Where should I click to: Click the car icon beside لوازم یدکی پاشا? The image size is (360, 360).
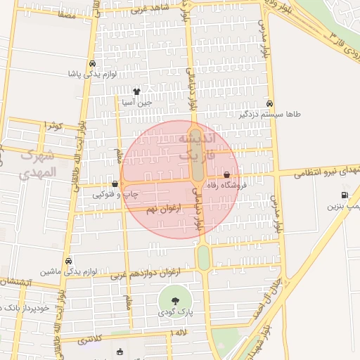(92, 63)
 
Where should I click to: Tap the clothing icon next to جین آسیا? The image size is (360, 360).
(136, 91)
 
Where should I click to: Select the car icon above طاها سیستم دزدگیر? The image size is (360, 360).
(271, 102)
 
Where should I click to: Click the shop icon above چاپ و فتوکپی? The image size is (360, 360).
(115, 184)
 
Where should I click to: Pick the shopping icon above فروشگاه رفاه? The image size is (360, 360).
(226, 174)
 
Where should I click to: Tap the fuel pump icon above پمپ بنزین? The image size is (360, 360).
(344, 195)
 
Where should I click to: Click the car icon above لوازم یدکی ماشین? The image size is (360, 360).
(67, 261)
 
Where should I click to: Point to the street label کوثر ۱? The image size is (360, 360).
(53, 125)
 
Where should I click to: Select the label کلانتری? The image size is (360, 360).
(89, 340)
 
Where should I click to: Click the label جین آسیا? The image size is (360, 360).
(137, 103)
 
